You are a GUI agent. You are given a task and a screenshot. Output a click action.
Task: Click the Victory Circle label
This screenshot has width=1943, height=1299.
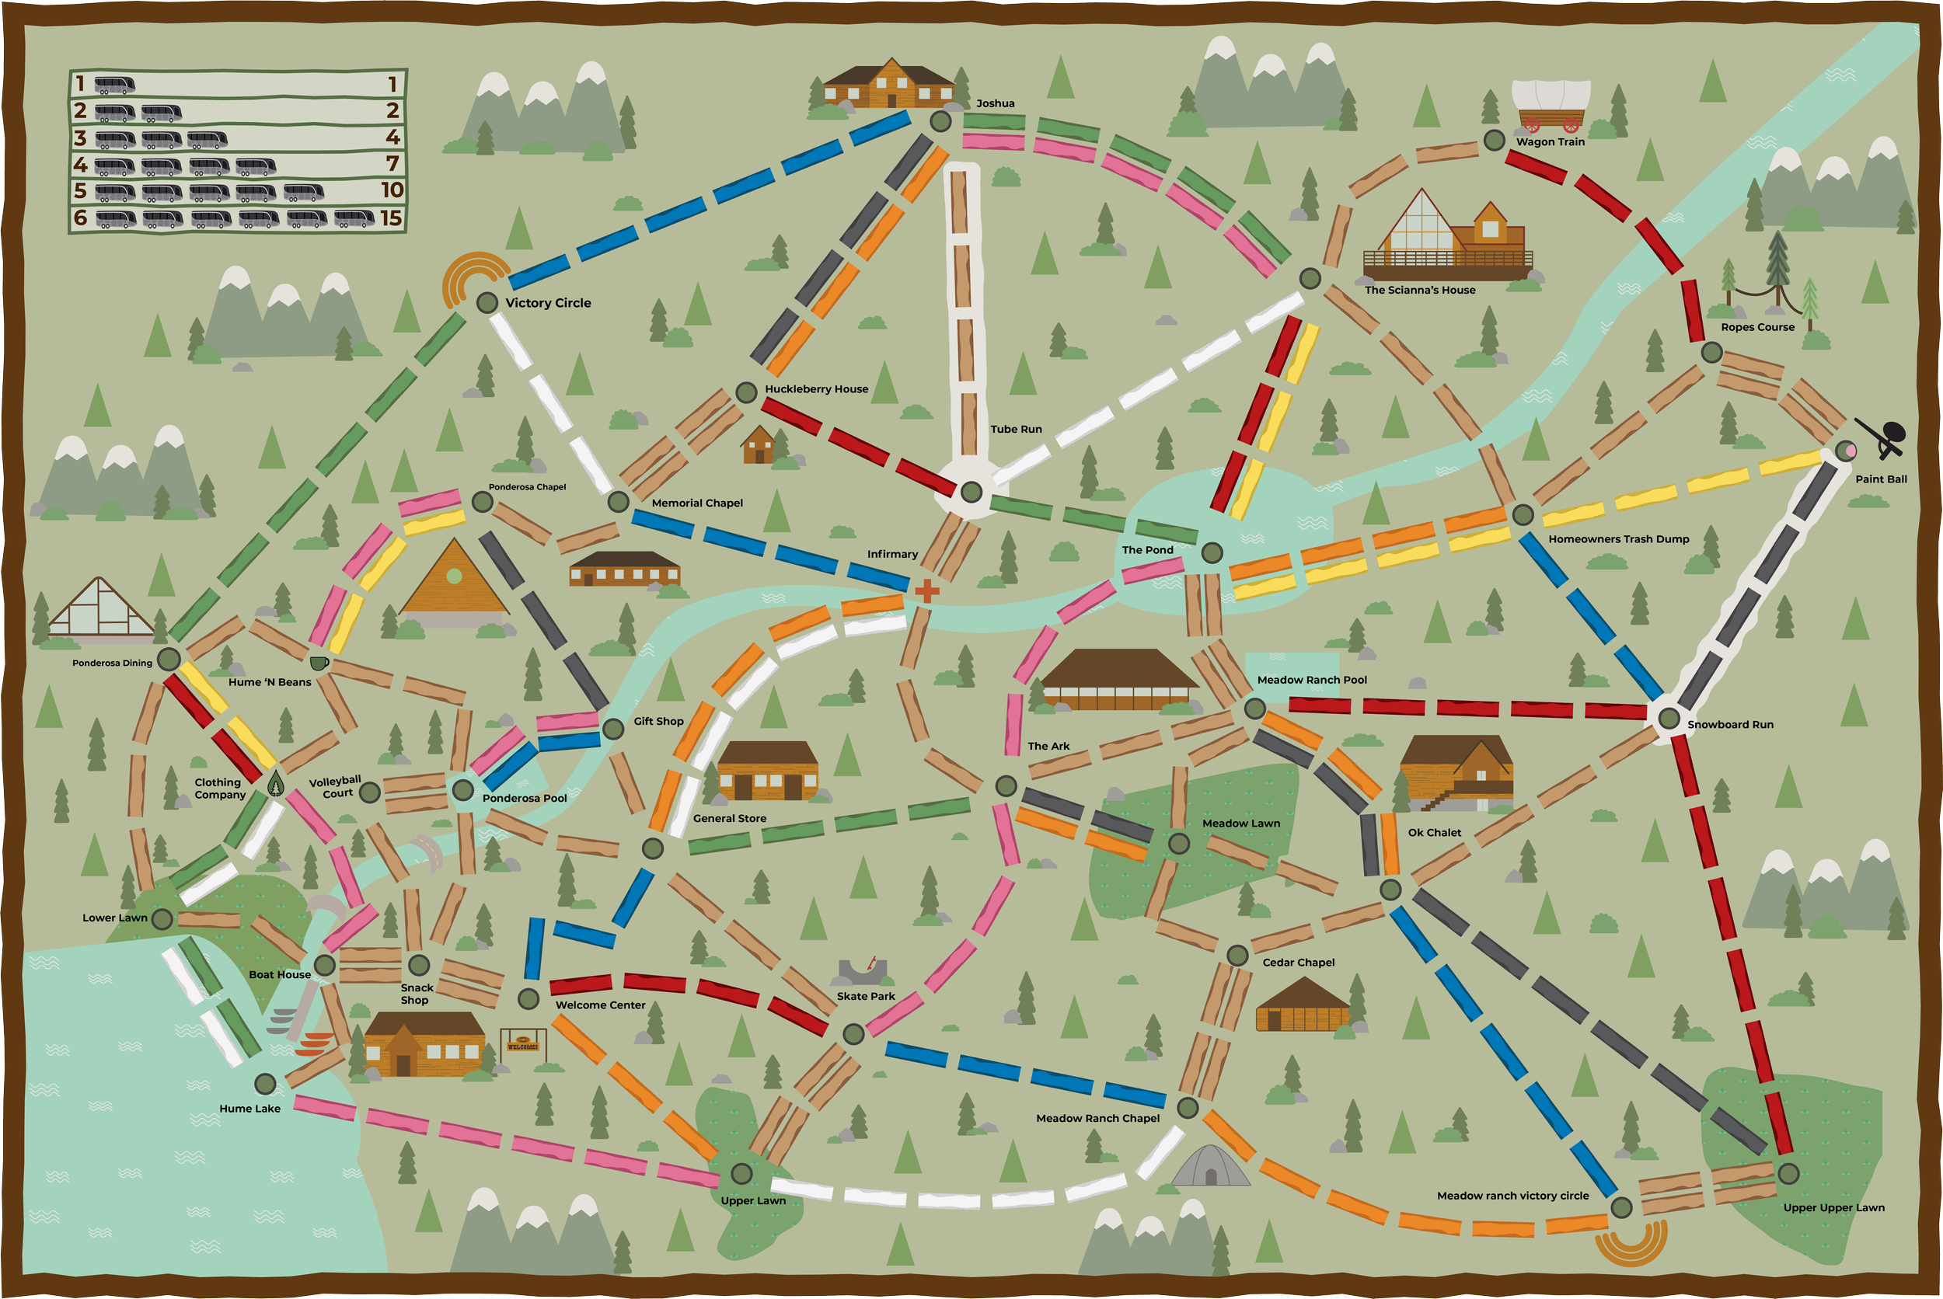[548, 303]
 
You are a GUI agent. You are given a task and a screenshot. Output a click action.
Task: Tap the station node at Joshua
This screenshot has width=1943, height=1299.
[940, 122]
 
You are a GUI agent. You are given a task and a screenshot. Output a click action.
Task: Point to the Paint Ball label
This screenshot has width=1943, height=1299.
[1881, 479]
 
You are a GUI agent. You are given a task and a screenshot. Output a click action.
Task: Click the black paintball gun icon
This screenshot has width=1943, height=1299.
[1882, 437]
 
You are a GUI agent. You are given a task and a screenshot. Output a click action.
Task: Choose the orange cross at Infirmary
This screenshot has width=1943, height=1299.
[927, 590]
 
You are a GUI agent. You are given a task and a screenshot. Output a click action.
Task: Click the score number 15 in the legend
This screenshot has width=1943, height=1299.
[391, 218]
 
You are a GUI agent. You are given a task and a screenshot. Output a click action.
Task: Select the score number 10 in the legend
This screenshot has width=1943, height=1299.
[392, 190]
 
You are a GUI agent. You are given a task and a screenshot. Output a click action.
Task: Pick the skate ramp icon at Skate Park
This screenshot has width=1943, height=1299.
[863, 971]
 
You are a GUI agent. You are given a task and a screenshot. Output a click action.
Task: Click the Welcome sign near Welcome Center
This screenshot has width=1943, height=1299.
[523, 1044]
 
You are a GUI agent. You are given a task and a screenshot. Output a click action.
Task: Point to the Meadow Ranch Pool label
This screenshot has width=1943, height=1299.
[1312, 680]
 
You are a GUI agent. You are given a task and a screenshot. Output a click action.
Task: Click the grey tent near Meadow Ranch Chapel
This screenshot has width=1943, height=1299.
[1210, 1166]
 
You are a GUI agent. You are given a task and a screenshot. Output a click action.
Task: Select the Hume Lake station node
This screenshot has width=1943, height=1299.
[265, 1084]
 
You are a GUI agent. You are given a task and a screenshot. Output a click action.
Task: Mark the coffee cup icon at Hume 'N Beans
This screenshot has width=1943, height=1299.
[318, 663]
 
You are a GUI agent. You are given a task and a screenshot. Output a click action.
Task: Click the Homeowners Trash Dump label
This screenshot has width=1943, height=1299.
[1618, 539]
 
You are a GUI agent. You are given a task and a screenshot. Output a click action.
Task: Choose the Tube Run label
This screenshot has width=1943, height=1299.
[1016, 429]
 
